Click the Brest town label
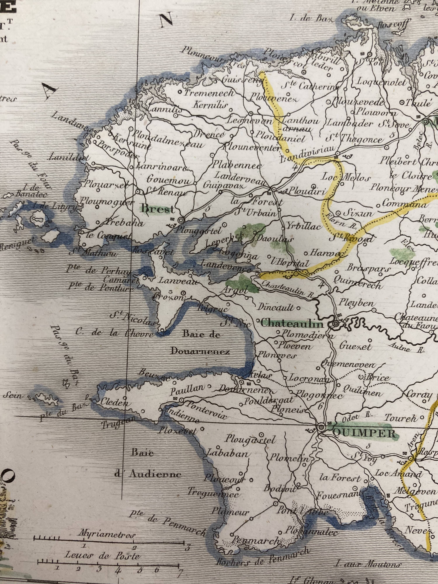(158, 209)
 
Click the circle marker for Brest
(181, 220)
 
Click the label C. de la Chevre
(114, 333)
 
